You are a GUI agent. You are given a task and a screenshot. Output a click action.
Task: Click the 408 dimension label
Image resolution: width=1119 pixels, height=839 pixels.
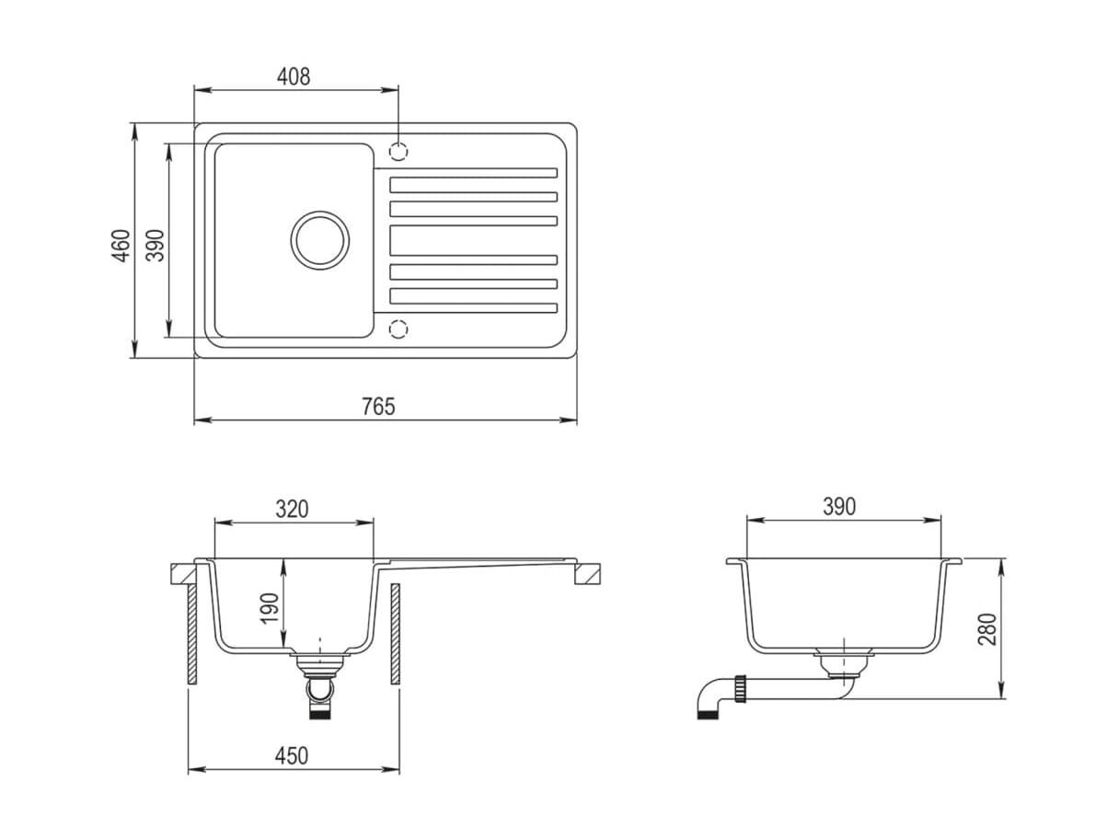(294, 76)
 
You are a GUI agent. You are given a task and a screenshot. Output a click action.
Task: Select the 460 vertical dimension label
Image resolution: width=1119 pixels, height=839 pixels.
(121, 246)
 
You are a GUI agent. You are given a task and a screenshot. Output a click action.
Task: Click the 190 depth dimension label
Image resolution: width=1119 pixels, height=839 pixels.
(270, 608)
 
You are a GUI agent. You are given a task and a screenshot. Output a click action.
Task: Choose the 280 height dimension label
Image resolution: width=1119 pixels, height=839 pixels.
(987, 629)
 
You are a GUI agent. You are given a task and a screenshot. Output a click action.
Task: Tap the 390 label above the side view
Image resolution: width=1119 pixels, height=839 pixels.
(839, 506)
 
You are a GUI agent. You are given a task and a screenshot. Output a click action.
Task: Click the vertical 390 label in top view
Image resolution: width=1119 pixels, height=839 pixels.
(156, 246)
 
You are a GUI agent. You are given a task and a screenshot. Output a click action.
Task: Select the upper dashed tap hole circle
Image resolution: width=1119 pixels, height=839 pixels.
(398, 151)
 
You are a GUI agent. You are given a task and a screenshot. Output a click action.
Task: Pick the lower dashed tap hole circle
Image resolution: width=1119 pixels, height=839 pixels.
(398, 329)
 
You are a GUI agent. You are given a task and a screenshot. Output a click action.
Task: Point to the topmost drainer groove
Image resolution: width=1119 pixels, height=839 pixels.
(466, 173)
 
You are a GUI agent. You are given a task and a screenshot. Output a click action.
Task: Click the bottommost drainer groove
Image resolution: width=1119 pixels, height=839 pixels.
(466, 308)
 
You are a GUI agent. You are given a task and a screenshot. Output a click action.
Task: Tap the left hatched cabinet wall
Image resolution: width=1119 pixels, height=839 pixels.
(192, 634)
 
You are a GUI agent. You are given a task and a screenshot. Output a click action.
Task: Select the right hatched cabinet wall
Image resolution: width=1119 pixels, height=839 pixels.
(396, 634)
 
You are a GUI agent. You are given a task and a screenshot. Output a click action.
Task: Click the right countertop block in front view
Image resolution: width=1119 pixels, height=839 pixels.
(587, 574)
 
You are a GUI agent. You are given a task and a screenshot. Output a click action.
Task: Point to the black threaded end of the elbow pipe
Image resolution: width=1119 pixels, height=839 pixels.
(708, 715)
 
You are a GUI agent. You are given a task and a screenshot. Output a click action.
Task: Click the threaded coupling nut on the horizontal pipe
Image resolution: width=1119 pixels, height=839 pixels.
(740, 688)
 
